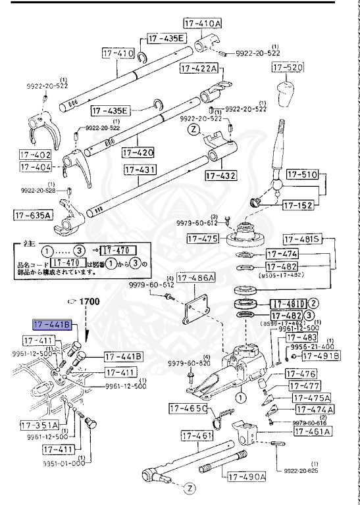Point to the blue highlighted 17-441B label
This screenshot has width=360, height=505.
(51, 325)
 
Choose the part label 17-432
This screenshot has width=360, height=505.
(220, 176)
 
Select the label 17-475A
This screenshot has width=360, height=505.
(311, 398)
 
